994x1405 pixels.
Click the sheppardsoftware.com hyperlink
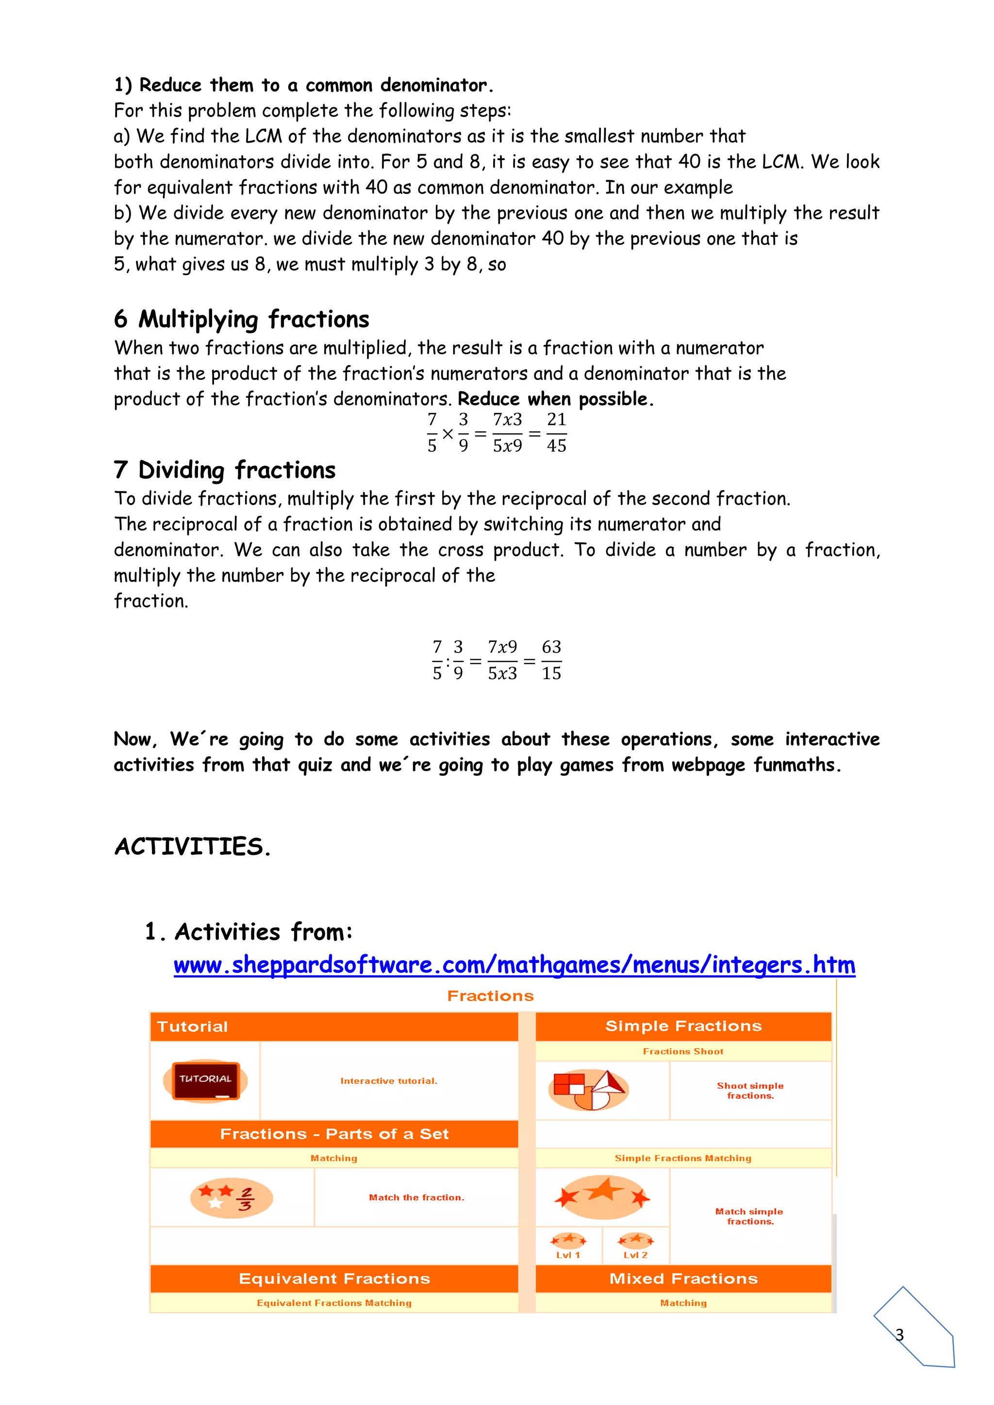514,965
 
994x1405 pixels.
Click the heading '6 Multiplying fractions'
242,319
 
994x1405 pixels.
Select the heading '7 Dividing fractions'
225,470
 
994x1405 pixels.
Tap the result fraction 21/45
556,433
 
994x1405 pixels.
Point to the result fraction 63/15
551,660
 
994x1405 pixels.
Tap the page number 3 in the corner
899,1335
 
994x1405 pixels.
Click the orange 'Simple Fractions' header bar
683,1026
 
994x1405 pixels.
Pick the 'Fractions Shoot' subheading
683,1051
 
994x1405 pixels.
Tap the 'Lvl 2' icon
636,1246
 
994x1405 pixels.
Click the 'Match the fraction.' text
416,1197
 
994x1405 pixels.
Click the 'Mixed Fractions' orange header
683,1279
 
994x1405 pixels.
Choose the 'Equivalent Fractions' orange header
334,1279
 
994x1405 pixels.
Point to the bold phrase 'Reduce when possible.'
555,399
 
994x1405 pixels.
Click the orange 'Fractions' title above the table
490,996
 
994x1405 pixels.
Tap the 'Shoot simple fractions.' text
750,1091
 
